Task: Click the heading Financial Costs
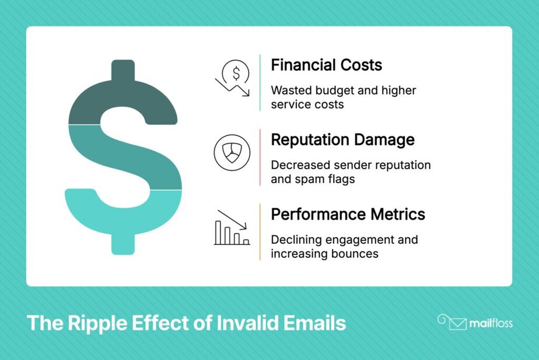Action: [x=326, y=65]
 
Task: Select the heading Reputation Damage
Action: [x=342, y=139]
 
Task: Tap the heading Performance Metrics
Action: [x=348, y=214]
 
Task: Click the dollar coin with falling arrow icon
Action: [x=233, y=78]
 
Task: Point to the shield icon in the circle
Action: [x=232, y=153]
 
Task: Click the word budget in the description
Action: [x=337, y=91]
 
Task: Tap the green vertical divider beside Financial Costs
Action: [x=260, y=82]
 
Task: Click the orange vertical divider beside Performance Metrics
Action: [x=260, y=232]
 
